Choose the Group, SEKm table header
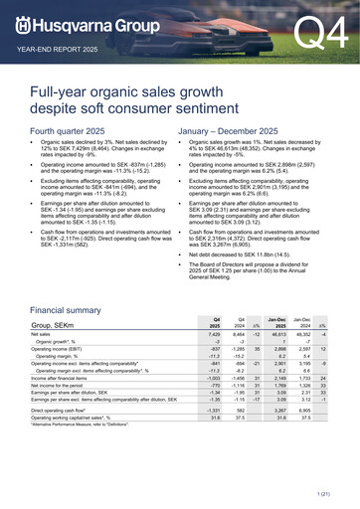pos(59,325)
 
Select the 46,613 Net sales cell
pos(283,337)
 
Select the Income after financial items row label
pos(69,378)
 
